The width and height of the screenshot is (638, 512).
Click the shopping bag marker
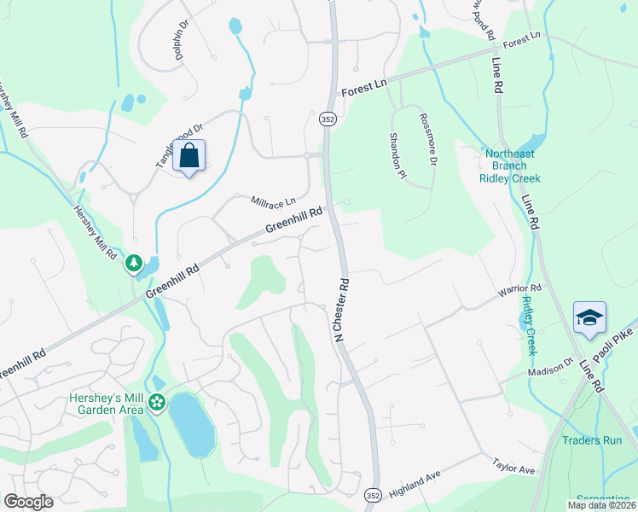pyautogui.click(x=189, y=156)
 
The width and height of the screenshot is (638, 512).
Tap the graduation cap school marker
pyautogui.click(x=589, y=318)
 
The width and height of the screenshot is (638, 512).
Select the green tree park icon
pyautogui.click(x=134, y=264)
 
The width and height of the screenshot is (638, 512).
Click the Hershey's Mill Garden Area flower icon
pyautogui.click(x=157, y=402)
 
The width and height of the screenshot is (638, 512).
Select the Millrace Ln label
pyautogui.click(x=273, y=201)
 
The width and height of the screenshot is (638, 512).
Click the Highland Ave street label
pyautogui.click(x=413, y=487)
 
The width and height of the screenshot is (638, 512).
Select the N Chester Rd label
pyautogui.click(x=343, y=309)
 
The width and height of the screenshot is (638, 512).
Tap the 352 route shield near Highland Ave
pyautogui.click(x=372, y=494)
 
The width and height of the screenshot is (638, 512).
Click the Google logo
pyautogui.click(x=28, y=501)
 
